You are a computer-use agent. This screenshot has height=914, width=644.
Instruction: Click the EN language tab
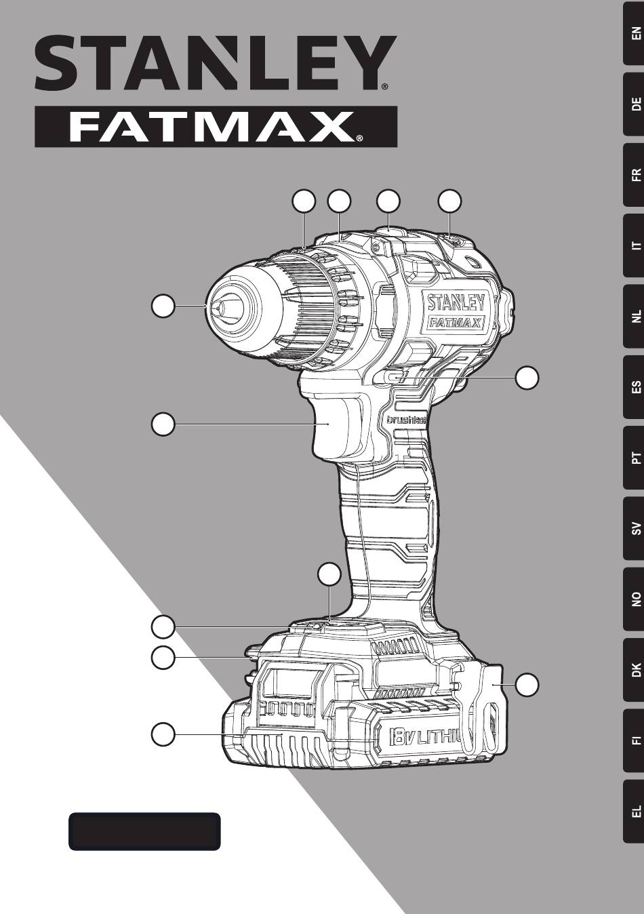[x=633, y=33]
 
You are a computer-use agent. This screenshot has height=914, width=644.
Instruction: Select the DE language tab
[x=633, y=104]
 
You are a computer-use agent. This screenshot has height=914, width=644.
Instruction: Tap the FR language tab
[x=633, y=175]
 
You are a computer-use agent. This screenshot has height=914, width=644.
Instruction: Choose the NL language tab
[x=633, y=316]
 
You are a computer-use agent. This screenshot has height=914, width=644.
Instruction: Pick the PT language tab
[x=633, y=458]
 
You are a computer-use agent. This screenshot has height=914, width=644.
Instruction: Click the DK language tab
[x=633, y=670]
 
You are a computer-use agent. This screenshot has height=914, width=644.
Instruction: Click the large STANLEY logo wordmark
[x=216, y=63]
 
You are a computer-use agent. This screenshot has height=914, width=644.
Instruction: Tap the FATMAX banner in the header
[x=216, y=127]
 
